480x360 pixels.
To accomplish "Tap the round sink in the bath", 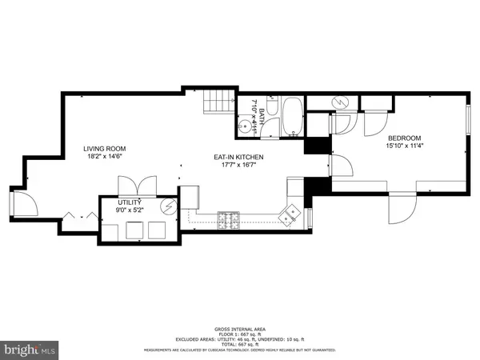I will (x=244, y=125).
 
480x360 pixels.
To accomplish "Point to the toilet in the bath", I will (x=271, y=105).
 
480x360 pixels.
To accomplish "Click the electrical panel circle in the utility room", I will (x=169, y=206).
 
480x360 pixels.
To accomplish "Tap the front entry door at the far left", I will (x=22, y=203).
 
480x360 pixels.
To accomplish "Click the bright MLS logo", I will (x=30, y=350).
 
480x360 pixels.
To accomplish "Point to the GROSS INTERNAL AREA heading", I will (x=239, y=330).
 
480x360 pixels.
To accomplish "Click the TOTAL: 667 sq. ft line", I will (x=239, y=345).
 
